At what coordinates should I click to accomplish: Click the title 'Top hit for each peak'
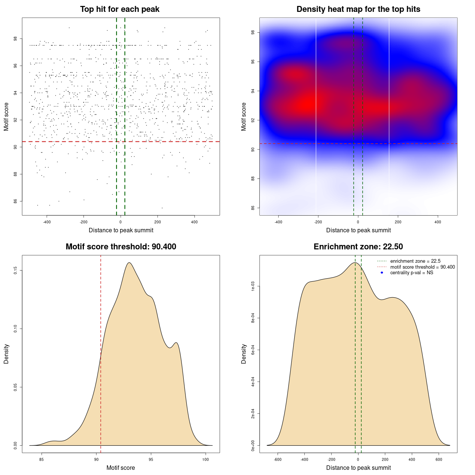click(120, 9)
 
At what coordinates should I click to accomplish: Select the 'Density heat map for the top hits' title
click(358, 9)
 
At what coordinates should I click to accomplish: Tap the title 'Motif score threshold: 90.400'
click(121, 247)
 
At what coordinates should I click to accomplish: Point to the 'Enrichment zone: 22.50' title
click(358, 247)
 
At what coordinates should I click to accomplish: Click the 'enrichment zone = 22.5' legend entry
click(415, 261)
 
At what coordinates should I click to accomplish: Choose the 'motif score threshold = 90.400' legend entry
click(422, 267)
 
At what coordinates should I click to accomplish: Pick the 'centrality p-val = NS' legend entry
click(412, 273)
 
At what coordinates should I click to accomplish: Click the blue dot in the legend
click(382, 273)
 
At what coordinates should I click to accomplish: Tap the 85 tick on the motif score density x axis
click(42, 459)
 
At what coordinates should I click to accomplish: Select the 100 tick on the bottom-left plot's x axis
click(206, 459)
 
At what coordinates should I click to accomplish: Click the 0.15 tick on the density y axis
click(15, 271)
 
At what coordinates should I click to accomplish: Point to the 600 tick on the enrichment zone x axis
click(439, 459)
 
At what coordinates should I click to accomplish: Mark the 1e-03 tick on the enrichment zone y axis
click(253, 286)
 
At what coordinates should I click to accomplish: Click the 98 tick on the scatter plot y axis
click(15, 39)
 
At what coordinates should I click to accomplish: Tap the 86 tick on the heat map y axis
click(253, 208)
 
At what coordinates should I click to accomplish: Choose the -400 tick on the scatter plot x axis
click(47, 222)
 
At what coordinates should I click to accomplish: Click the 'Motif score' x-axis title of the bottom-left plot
click(121, 468)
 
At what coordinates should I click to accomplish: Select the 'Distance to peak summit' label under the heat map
click(358, 230)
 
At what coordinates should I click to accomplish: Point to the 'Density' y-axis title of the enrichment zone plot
click(244, 354)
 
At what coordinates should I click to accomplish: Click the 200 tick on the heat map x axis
click(398, 222)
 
